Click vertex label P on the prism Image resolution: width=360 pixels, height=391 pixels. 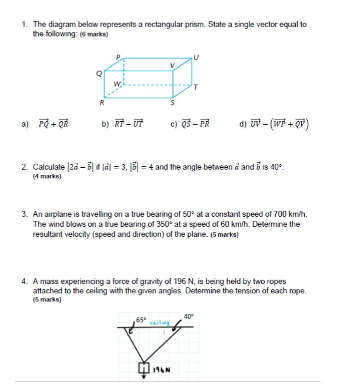(118, 56)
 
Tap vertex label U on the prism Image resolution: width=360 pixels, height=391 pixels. (197, 57)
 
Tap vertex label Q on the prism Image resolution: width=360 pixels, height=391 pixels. (99, 73)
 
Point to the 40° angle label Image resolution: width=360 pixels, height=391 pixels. (188, 316)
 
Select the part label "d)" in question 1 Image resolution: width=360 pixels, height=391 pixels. (244, 124)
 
